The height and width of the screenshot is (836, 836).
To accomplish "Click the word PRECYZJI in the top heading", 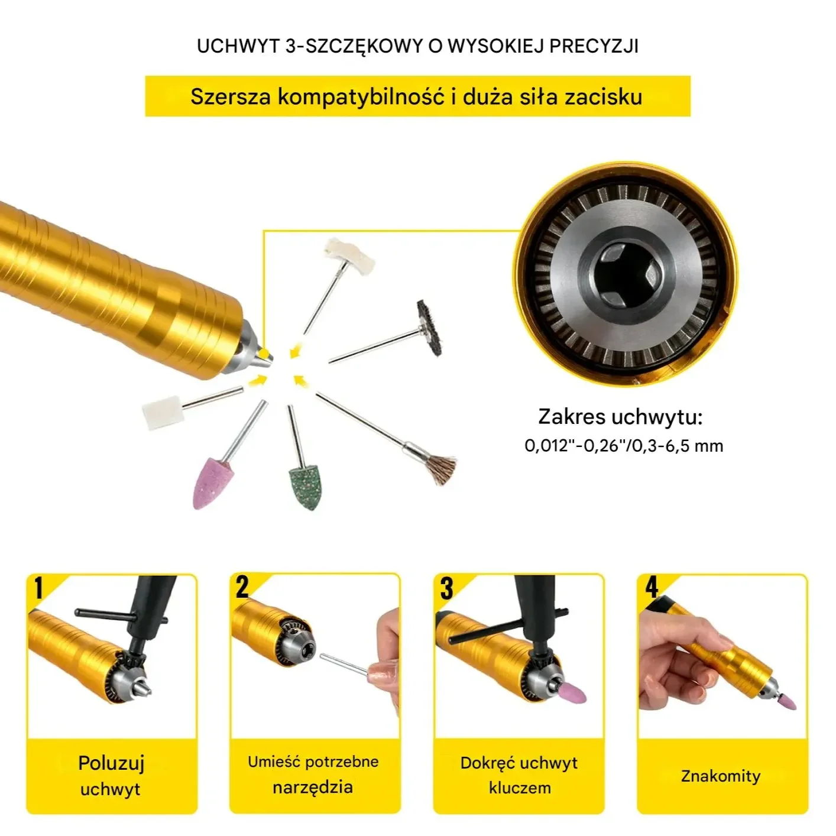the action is point(594,46).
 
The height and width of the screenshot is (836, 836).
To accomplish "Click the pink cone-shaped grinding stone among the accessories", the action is point(213,482).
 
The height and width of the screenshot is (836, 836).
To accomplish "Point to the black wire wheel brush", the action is point(429,328).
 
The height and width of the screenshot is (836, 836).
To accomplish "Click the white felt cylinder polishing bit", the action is point(163,413).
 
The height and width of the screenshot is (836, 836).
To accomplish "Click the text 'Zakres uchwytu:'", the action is point(620,416).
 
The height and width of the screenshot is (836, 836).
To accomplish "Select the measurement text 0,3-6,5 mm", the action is point(678,446).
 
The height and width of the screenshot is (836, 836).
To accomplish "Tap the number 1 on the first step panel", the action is point(39,588).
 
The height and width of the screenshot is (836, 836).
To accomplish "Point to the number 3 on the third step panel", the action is point(446,588).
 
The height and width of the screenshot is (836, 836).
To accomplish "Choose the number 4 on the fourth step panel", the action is point(652,588).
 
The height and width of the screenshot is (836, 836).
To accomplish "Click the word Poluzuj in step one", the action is point(111,763).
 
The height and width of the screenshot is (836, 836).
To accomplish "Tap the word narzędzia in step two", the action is point(313,787).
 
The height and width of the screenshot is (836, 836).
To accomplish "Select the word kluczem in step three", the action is point(520,788).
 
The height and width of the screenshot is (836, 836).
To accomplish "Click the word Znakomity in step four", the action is point(721,776).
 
